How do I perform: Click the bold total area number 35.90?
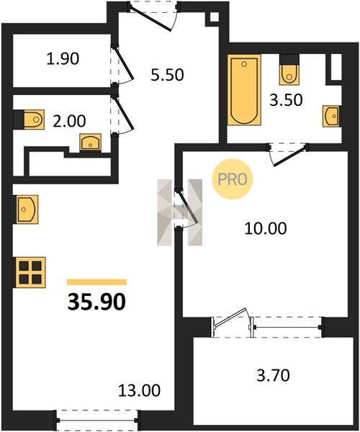pyautogui.click(x=96, y=302)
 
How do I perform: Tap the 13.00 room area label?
pyautogui.click(x=139, y=390)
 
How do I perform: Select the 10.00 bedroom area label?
pyautogui.click(x=266, y=228)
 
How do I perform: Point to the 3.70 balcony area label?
pyautogui.click(x=273, y=375)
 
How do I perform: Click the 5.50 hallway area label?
pyautogui.click(x=167, y=75)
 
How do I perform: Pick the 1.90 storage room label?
pyautogui.click(x=63, y=59)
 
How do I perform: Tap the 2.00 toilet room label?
pyautogui.click(x=69, y=121)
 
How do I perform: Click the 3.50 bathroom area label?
pyautogui.click(x=286, y=100)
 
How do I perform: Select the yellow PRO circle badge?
pyautogui.click(x=232, y=179)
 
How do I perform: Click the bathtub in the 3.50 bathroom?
pyautogui.click(x=244, y=90)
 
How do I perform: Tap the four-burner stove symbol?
pyautogui.click(x=30, y=272)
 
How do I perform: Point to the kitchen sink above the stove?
pyautogui.click(x=27, y=210)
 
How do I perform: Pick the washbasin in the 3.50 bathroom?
pyautogui.click(x=331, y=116)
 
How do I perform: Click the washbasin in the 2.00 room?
pyautogui.click(x=90, y=142)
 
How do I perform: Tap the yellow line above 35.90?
pyautogui.click(x=96, y=282)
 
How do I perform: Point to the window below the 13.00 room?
pyautogui.click(x=97, y=420)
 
